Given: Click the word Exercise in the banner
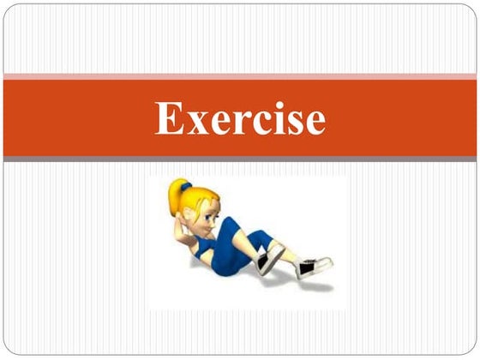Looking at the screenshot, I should pos(240,118).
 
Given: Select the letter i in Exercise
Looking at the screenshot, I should pos(273,118).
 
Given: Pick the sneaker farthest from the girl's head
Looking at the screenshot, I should pos(314,267).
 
